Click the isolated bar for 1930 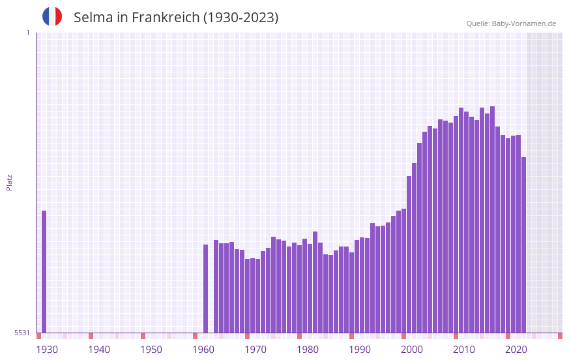[x=44, y=271]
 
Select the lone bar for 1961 [x=206, y=288]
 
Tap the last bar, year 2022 [x=524, y=245]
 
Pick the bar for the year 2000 [x=409, y=254]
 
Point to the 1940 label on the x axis [x=99, y=350]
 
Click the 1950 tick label [x=151, y=350]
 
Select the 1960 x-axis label [x=203, y=350]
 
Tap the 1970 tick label [x=255, y=350]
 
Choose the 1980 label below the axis [x=308, y=350]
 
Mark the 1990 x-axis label [x=360, y=350]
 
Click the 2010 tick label [x=464, y=350]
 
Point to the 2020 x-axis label [x=516, y=350]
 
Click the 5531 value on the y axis [x=22, y=333]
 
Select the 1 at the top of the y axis [x=27, y=33]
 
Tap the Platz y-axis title [x=9, y=182]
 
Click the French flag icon [x=52, y=16]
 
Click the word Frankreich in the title [x=166, y=18]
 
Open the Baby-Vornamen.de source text [x=523, y=23]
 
